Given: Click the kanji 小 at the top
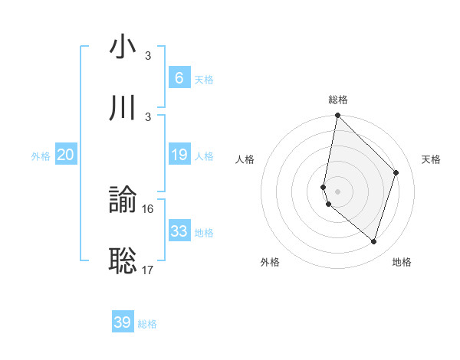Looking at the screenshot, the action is pyautogui.click(x=123, y=47).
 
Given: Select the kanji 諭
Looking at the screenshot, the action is pyautogui.click(x=123, y=201).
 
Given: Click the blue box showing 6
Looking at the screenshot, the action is pyautogui.click(x=179, y=77).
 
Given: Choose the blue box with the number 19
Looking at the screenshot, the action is pyautogui.click(x=179, y=155).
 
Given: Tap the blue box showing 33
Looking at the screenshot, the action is pyautogui.click(x=179, y=231).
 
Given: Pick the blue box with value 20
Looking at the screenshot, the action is pyautogui.click(x=66, y=155).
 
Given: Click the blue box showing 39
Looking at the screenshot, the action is pyautogui.click(x=122, y=322).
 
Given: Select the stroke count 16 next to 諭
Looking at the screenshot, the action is pyautogui.click(x=149, y=208).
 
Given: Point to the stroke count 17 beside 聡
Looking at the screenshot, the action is pyautogui.click(x=149, y=269).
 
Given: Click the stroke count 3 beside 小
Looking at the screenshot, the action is pyautogui.click(x=148, y=56).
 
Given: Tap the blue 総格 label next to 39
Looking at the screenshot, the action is pyautogui.click(x=147, y=324).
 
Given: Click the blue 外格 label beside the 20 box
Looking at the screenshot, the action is pyautogui.click(x=41, y=156).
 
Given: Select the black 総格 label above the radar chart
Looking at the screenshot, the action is pyautogui.click(x=338, y=100).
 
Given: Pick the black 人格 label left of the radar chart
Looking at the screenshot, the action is pyautogui.click(x=245, y=159).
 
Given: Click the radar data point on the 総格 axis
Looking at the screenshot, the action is pyautogui.click(x=337, y=115).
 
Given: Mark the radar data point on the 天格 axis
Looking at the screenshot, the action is pyautogui.click(x=396, y=172).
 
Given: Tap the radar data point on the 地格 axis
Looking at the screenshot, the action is pyautogui.click(x=373, y=242).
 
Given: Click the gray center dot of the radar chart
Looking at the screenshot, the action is pyautogui.click(x=337, y=191).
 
